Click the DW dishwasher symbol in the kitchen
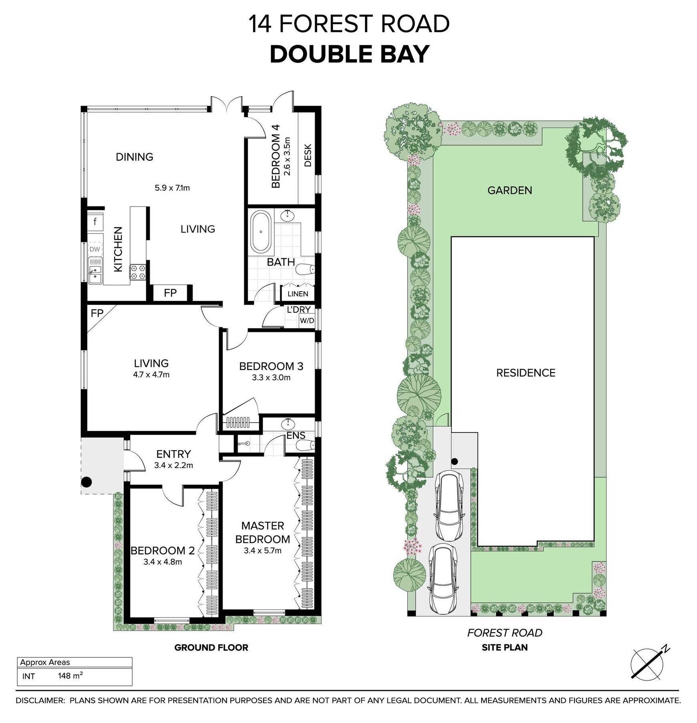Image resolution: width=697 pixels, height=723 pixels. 95,250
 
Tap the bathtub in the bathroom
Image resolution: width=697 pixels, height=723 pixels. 261,232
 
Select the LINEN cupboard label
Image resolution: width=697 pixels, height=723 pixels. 298,294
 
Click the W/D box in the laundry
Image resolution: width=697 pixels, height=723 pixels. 307,321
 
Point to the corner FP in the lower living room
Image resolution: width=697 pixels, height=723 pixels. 97,313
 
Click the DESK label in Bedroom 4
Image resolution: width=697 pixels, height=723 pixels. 308,155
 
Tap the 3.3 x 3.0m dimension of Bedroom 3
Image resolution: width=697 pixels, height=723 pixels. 271,377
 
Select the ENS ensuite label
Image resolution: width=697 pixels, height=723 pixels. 296,435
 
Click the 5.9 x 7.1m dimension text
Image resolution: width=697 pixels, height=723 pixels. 172,188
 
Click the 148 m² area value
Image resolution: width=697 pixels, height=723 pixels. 70,676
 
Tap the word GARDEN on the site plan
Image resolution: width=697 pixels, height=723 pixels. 510,190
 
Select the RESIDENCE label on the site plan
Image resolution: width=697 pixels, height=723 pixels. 526,373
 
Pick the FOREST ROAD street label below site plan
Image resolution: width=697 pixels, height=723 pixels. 504,633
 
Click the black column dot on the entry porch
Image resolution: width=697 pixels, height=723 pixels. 86,482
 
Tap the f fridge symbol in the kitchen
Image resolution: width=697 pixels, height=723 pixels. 95,221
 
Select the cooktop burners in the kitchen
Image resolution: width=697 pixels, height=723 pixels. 137,272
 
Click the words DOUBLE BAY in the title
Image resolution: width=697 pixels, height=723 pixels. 350,54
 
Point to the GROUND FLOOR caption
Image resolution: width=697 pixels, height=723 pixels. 211,647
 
